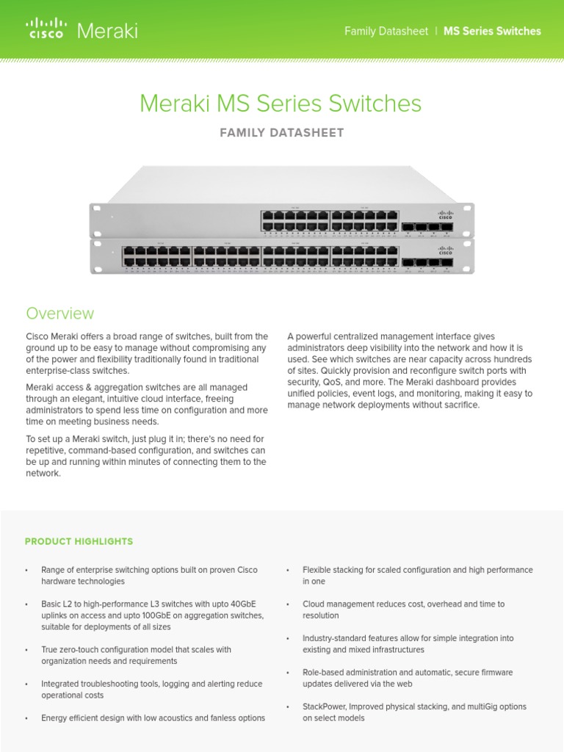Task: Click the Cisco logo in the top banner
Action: [45, 30]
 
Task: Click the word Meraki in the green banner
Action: [107, 31]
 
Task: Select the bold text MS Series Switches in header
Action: [492, 31]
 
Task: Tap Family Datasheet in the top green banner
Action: [386, 31]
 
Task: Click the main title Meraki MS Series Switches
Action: [281, 104]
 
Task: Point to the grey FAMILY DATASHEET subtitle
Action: [281, 133]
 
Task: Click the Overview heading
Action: [60, 314]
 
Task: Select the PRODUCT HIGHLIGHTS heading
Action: [79, 541]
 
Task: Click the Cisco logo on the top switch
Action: [445, 216]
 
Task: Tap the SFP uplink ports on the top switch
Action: [427, 228]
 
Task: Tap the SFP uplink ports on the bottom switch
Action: [427, 261]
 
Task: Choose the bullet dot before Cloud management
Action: [288, 604]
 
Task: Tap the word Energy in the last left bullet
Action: [55, 718]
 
